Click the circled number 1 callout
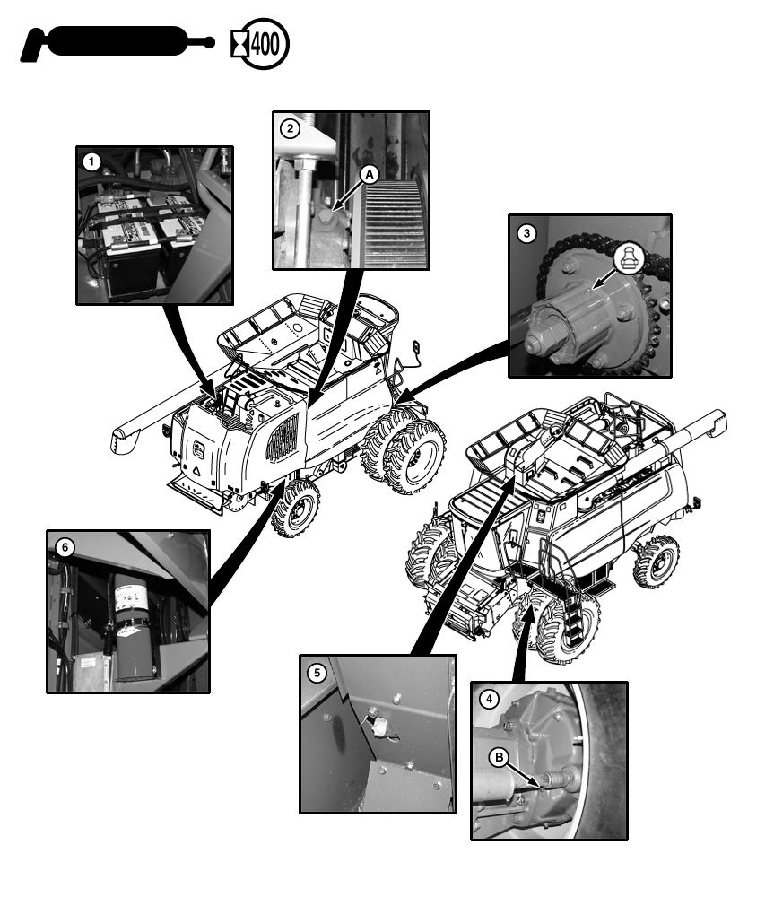tap(91, 162)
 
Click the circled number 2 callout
tap(290, 128)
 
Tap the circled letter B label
tap(499, 759)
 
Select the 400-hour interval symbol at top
tap(264, 43)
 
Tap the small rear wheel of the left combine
tap(297, 508)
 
